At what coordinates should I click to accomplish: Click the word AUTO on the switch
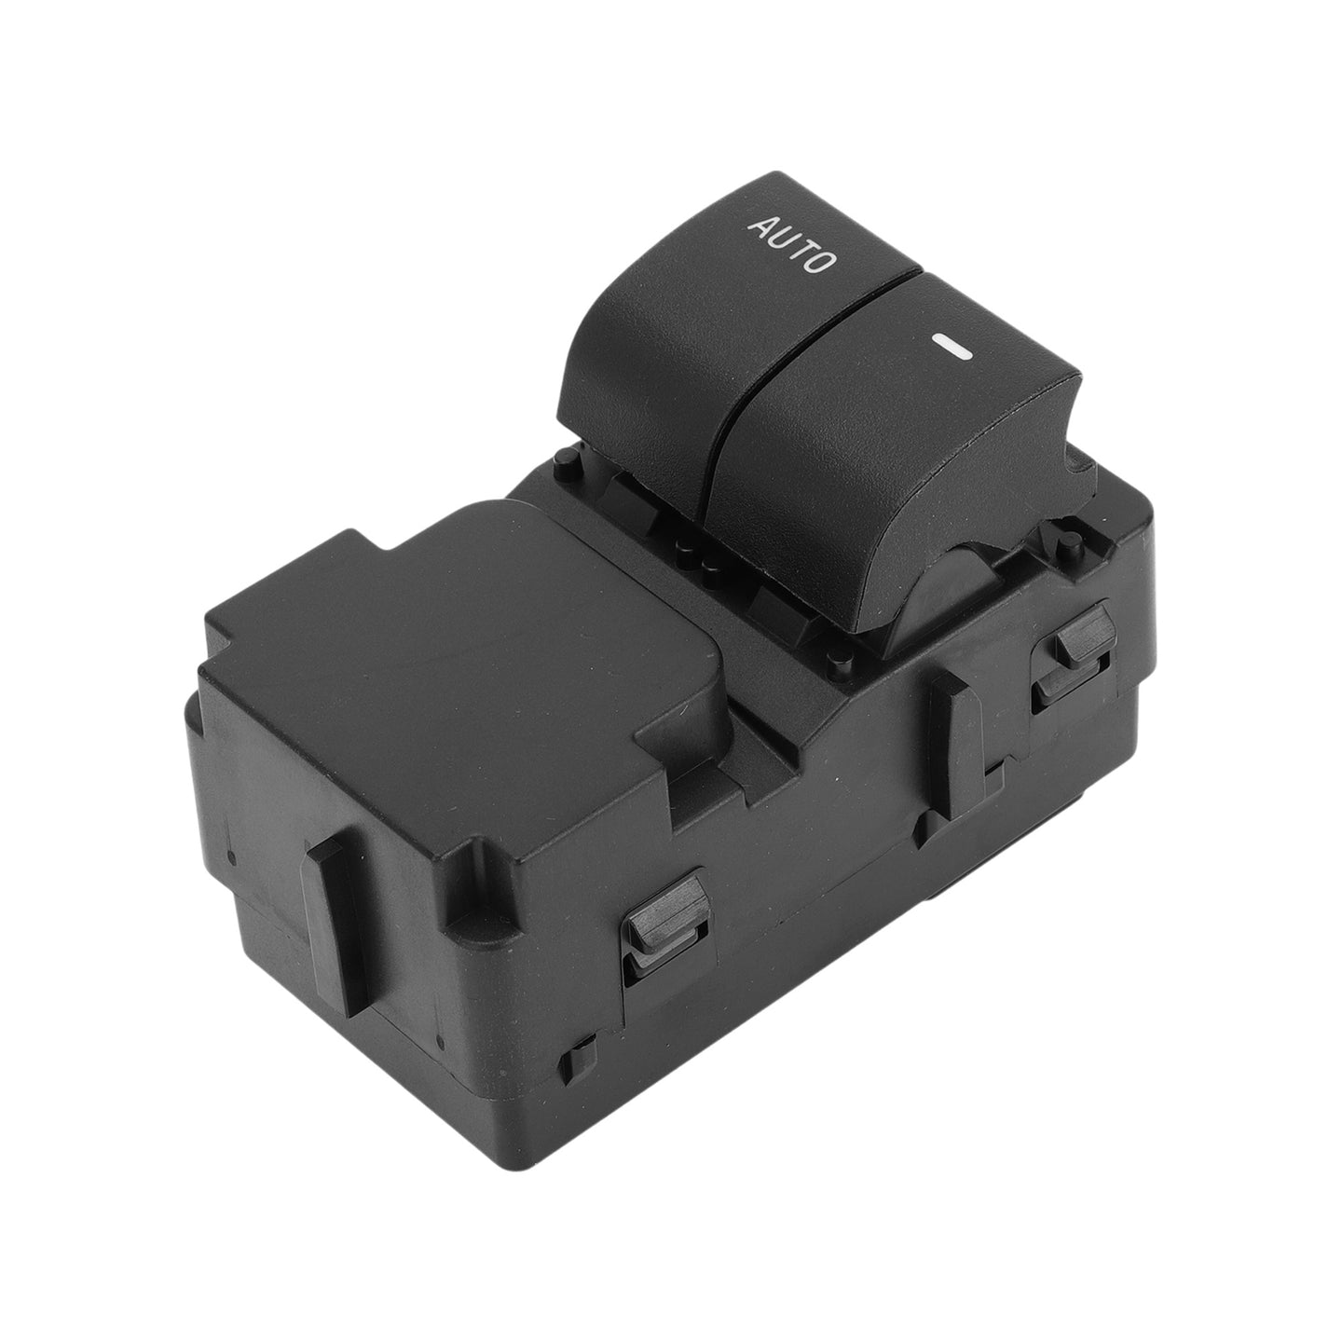[792, 245]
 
